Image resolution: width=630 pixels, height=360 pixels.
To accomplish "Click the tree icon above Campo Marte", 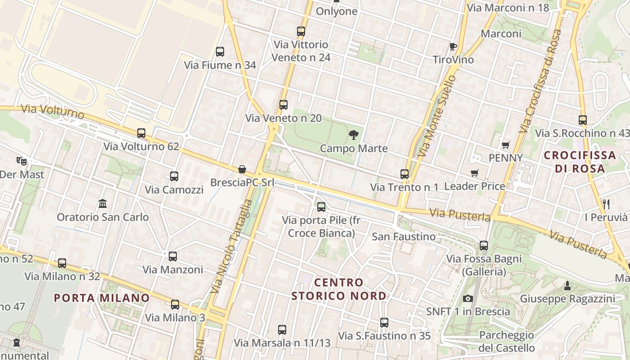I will coord(354,135).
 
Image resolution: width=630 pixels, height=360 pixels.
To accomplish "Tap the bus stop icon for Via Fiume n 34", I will coord(220,52).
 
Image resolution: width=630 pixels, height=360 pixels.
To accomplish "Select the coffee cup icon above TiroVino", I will coord(453,46).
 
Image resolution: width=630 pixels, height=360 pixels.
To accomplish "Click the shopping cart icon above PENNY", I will coord(506,145).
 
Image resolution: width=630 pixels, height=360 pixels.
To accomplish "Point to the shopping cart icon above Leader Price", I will coord(474,173).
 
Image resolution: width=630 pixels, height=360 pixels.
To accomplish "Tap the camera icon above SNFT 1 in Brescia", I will coord(468,298).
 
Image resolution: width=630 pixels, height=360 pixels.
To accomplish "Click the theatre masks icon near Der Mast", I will coord(21,160).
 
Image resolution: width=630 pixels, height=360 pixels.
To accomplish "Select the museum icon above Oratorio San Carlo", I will coord(103,203).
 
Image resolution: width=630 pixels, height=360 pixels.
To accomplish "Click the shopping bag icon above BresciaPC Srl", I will coord(242,169).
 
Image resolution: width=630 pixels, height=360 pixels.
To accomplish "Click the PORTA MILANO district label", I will coord(102,298).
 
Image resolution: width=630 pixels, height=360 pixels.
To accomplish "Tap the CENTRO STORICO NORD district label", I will coord(338,289).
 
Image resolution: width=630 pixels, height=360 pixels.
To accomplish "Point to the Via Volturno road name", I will coord(47,111).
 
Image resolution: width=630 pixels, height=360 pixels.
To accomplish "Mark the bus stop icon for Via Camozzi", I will coord(174,176).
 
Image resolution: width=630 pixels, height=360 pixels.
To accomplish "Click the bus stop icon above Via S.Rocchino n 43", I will coord(583,120).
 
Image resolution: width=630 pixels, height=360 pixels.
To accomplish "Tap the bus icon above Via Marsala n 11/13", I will coord(282,330).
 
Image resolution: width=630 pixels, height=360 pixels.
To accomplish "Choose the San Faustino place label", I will coord(404,237).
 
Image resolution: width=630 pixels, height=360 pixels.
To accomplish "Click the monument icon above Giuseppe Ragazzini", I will coord(567,285).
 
